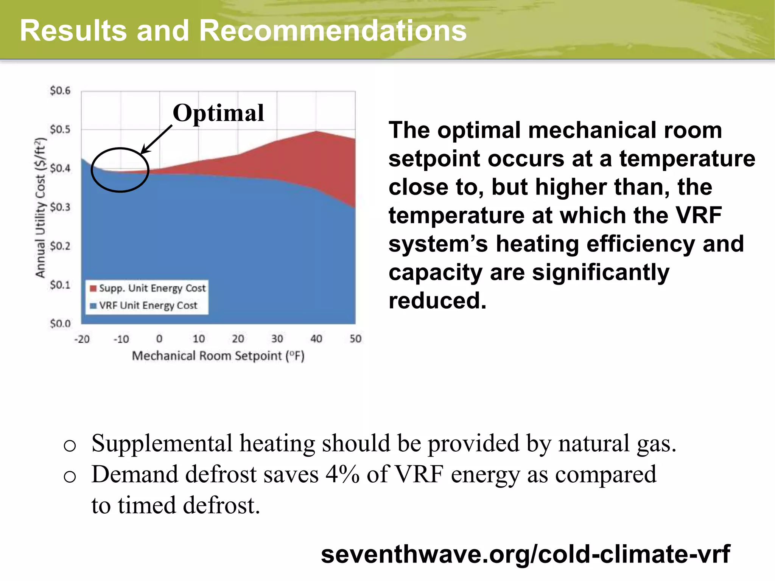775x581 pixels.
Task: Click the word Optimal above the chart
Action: pos(218,113)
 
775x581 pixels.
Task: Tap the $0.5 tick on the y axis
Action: pos(60,130)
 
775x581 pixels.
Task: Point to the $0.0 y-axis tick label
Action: pos(60,324)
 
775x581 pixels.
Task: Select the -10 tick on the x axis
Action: pos(121,339)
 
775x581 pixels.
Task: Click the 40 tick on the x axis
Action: pos(316,339)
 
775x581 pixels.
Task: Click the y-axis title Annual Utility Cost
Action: pos(40,208)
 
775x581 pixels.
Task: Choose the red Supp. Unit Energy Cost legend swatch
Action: pos(93,289)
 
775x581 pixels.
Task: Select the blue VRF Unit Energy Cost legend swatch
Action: pos(93,306)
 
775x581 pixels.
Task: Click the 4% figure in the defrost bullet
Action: pos(342,474)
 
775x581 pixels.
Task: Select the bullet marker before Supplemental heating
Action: pos(70,445)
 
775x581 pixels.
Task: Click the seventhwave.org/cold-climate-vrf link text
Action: pos(525,554)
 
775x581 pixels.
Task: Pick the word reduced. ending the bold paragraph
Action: pos(437,301)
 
